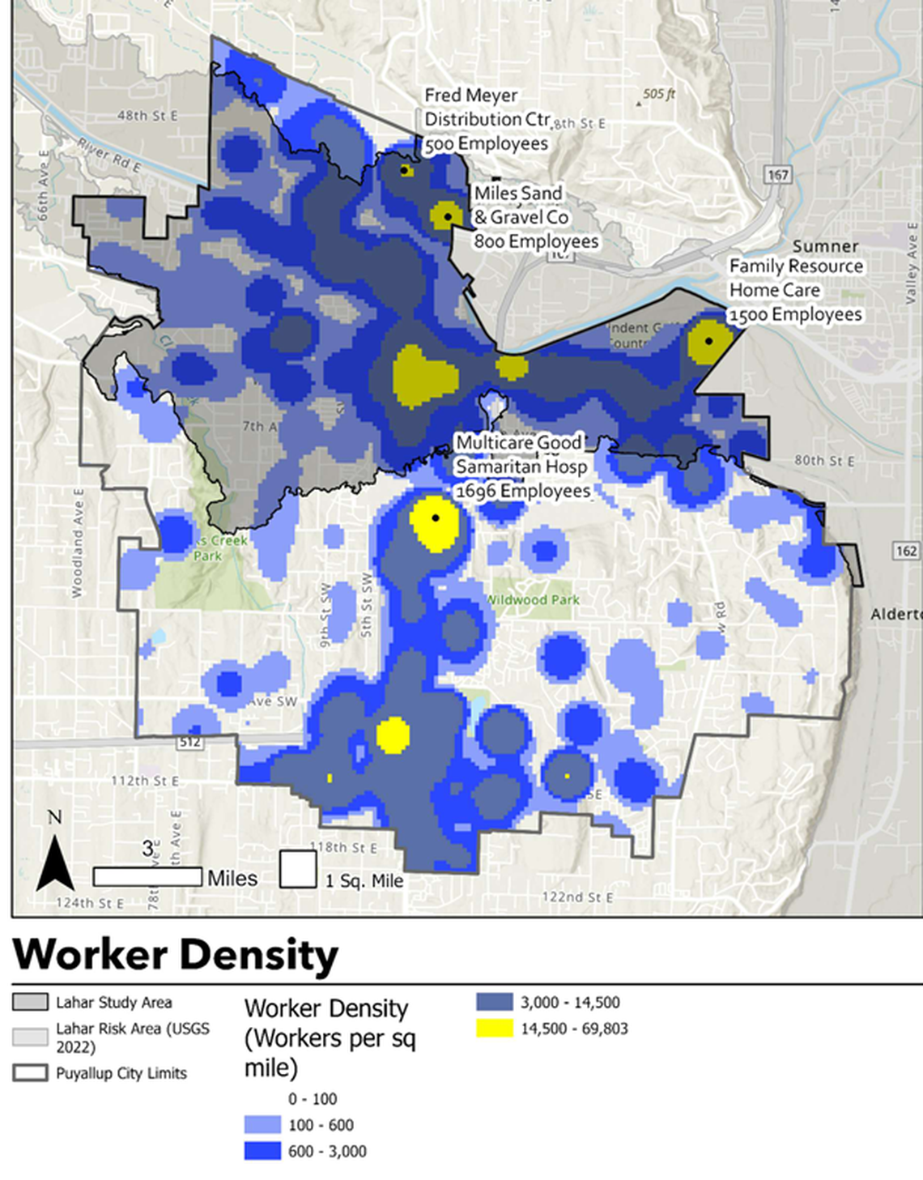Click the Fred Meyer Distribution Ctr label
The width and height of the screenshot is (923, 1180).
487,119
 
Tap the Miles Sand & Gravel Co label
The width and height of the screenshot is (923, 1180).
535,217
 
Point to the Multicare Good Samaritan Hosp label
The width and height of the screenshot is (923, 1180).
522,466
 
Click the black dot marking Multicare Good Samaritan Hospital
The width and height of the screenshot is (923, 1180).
436,518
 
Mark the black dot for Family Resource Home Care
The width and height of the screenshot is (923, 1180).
708,341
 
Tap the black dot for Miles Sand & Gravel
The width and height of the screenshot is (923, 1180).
448,216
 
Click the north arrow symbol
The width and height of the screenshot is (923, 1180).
55,862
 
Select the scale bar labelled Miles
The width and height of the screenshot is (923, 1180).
147,876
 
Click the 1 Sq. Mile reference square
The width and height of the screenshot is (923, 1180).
298,870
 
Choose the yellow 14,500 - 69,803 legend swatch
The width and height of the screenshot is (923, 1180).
494,1029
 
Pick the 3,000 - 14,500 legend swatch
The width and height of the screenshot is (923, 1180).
494,1002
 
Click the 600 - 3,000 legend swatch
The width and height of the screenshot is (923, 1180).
262,1151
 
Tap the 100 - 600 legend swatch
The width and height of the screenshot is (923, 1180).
262,1125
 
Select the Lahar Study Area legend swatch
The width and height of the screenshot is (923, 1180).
30,1002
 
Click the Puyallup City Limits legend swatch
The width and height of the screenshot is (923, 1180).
30,1073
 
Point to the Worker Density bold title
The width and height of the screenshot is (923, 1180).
176,954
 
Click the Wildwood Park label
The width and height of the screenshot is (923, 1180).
533,600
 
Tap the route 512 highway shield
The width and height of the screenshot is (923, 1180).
189,742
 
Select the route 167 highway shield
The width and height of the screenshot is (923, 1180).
777,175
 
